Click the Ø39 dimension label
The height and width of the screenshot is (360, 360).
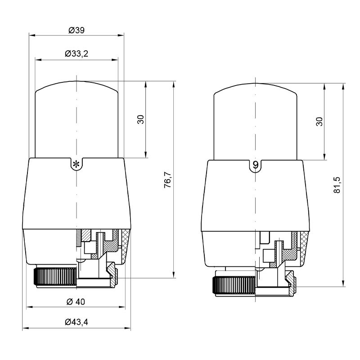pyautogui.click(x=76, y=30)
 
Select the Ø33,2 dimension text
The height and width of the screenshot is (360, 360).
pyautogui.click(x=76, y=54)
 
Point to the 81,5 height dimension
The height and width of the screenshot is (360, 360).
pyautogui.click(x=337, y=185)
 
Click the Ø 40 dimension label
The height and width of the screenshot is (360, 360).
pyautogui.click(x=76, y=301)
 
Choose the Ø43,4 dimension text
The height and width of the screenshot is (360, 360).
pyautogui.click(x=76, y=322)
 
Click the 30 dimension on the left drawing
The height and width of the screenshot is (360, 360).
pyautogui.click(x=140, y=119)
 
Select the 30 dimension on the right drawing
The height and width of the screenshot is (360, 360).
pyautogui.click(x=319, y=121)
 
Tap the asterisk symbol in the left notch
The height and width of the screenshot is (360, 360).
pyautogui.click(x=76, y=164)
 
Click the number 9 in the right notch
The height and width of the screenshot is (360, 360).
pyautogui.click(x=255, y=165)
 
